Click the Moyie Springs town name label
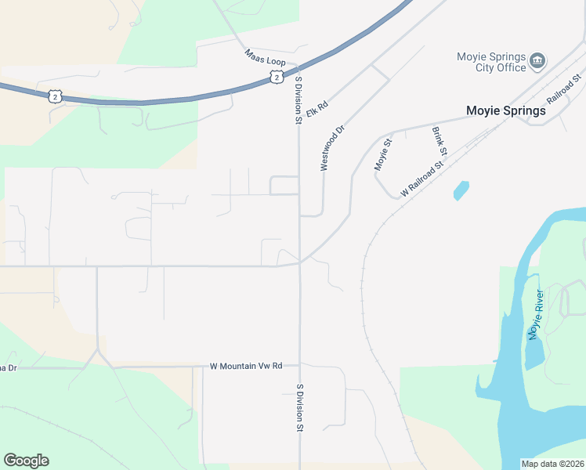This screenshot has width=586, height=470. [506, 111]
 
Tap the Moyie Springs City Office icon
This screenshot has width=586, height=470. [537, 60]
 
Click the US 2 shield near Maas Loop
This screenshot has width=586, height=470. [276, 76]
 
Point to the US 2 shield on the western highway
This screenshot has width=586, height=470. [54, 96]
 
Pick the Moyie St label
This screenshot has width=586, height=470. [382, 154]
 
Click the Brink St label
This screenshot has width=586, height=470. [439, 141]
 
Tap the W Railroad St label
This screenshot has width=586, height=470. [422, 179]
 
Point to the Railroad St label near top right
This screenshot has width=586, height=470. [563, 89]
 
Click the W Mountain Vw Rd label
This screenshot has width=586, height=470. [245, 366]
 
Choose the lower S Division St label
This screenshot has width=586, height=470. [299, 408]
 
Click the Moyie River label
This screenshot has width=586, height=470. [536, 315]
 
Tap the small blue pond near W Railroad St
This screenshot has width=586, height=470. [461, 190]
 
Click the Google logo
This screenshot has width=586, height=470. [26, 461]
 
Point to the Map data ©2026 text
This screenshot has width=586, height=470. [552, 464]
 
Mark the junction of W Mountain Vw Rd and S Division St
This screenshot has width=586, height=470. [299, 366]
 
